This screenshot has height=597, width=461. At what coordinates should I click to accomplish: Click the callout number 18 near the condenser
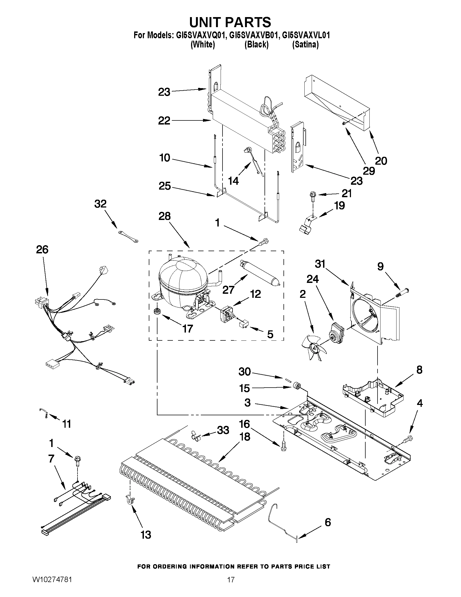pyautogui.click(x=244, y=437)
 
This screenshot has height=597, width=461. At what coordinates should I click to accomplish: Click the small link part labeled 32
pyautogui.click(x=128, y=236)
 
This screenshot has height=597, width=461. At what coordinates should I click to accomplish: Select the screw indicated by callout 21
pyautogui.click(x=312, y=196)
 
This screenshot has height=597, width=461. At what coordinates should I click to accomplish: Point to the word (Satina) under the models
pyautogui.click(x=305, y=44)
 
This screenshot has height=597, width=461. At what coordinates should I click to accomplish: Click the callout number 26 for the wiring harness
pyautogui.click(x=42, y=249)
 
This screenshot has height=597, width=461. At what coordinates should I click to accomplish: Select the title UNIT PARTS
pyautogui.click(x=230, y=22)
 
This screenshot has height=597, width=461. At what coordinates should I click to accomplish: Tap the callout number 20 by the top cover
pyautogui.click(x=381, y=161)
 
